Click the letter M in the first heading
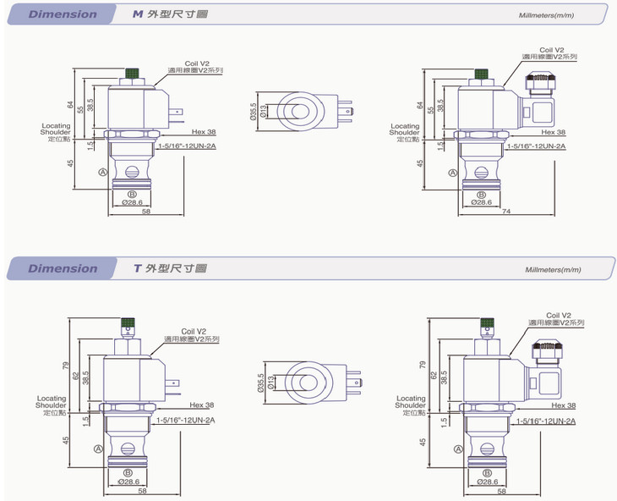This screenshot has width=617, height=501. [138, 14]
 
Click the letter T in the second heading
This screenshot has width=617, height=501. [137, 268]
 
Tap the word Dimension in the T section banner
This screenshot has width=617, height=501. [62, 268]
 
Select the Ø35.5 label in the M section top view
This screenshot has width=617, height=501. [253, 112]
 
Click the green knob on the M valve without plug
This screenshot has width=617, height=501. [132, 74]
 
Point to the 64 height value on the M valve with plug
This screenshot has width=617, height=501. [420, 105]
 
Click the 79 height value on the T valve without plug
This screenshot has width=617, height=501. [68, 366]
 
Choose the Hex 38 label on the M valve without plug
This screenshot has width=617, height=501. [204, 132]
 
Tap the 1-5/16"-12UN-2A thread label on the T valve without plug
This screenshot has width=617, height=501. [186, 420]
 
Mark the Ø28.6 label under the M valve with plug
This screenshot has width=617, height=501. [479, 202]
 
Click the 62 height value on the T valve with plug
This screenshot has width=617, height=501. [433, 373]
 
